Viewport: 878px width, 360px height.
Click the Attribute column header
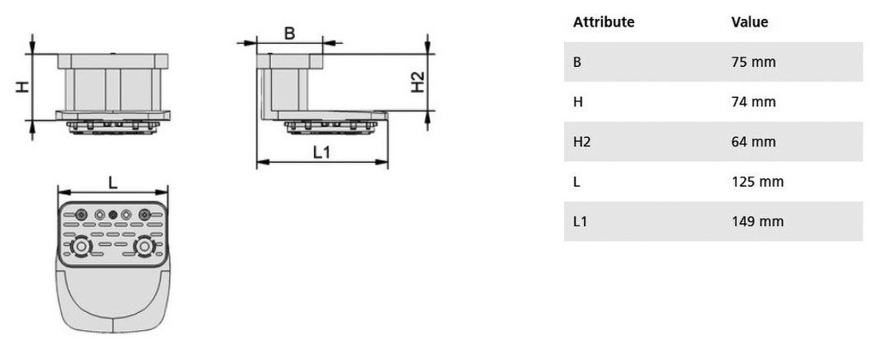[x=604, y=22]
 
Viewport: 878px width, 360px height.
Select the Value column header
[x=749, y=22]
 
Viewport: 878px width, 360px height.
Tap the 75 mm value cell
[x=754, y=63]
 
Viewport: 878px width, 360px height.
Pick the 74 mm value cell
[x=754, y=102]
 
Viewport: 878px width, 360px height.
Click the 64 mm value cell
[x=754, y=141]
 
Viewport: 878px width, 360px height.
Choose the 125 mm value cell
[x=758, y=182]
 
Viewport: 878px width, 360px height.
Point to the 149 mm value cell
[x=758, y=221]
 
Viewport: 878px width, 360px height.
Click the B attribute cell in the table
[x=577, y=63]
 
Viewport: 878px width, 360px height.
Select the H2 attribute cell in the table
[x=582, y=141]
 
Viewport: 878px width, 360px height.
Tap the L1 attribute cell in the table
[x=580, y=221]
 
